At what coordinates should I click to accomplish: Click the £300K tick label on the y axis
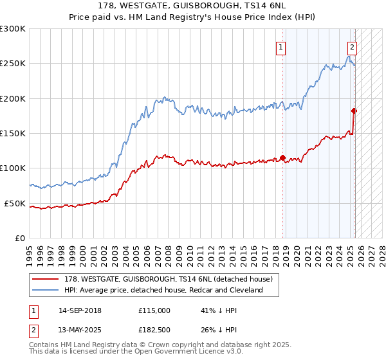click(x=13, y=29)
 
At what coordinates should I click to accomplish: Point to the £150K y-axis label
click(x=13, y=134)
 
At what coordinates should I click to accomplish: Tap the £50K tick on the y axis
click(x=15, y=203)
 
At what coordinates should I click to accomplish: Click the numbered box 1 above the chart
click(x=282, y=46)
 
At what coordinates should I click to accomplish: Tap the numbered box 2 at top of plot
click(x=353, y=46)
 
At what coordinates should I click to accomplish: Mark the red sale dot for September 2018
click(x=282, y=157)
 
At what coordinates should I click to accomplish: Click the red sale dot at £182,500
click(x=354, y=111)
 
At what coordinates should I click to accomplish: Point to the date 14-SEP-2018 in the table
click(x=80, y=310)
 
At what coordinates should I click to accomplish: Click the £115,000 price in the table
click(x=154, y=310)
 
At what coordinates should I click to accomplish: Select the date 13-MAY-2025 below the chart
click(x=80, y=330)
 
